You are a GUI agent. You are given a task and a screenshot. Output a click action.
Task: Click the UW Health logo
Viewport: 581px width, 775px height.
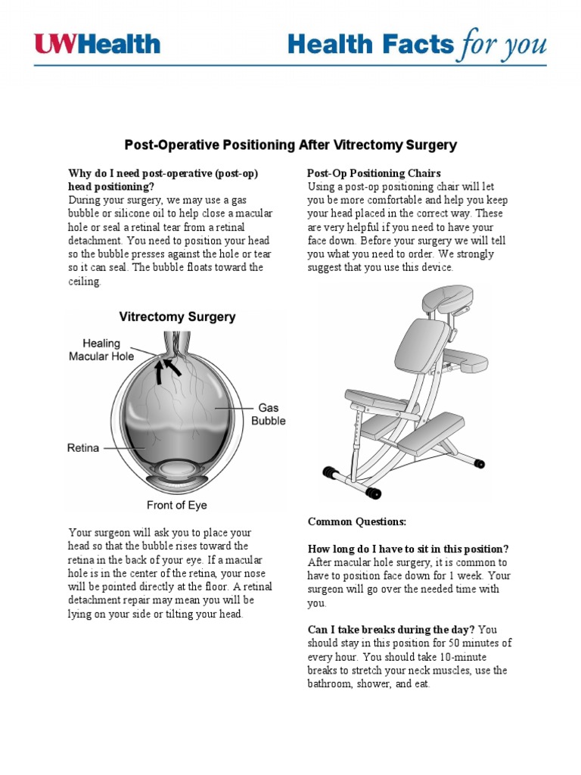pos(97,43)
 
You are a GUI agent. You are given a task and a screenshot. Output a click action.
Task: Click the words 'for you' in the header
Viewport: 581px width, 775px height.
pos(501,45)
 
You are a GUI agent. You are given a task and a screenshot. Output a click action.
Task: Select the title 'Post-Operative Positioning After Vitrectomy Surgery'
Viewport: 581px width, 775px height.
pos(290,145)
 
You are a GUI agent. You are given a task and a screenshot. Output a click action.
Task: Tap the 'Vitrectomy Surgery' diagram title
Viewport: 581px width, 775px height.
pos(176,317)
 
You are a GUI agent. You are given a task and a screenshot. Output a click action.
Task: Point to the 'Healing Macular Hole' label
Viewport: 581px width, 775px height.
pos(101,349)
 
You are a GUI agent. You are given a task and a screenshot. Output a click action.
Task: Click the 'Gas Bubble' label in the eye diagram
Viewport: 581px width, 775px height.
pos(268,414)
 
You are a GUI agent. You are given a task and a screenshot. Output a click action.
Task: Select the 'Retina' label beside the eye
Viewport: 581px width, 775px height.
pos(83,448)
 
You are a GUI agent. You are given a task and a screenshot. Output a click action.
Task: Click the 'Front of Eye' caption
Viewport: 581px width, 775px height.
pos(176,505)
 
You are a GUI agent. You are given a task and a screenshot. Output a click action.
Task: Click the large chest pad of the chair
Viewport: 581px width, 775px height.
pos(418,353)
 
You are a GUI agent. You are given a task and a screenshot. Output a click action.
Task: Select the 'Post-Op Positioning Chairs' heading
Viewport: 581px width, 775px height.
pos(374,173)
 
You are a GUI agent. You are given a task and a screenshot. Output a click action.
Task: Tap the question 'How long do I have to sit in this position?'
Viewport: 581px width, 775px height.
pos(408,549)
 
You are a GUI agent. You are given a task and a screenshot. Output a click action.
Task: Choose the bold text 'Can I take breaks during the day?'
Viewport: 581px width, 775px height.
pos(391,630)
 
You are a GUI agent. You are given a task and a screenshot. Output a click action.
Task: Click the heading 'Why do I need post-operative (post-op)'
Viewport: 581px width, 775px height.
pos(163,173)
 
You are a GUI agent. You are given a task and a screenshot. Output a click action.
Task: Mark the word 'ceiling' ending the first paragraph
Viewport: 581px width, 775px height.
pos(83,282)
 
